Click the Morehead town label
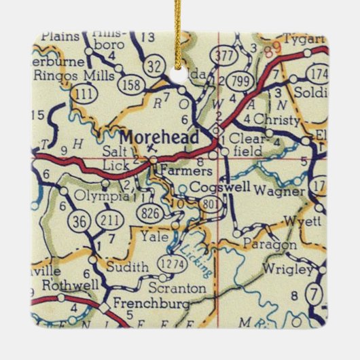click(160, 138)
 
